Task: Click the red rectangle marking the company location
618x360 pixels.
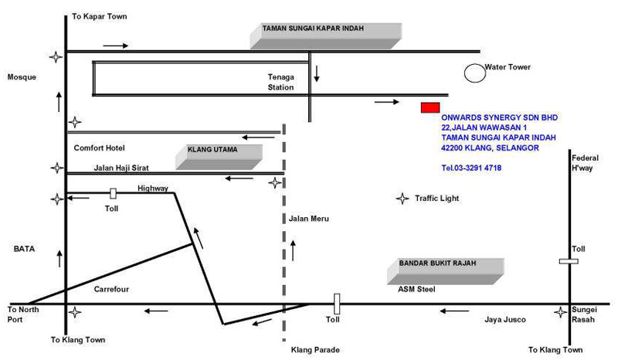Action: pos(430,107)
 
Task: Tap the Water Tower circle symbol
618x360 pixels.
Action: pos(473,72)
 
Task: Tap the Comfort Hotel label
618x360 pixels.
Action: pos(99,148)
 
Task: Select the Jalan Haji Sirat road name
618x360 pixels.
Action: pos(121,167)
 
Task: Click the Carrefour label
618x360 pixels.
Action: pos(110,289)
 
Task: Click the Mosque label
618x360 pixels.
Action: pos(22,77)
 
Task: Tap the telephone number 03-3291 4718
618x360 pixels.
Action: pos(471,168)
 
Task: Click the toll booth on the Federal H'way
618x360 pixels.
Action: pos(569,262)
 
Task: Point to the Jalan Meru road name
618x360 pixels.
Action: pos(308,219)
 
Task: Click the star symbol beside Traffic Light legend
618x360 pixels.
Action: pos(402,199)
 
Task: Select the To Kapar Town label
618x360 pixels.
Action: pos(100,16)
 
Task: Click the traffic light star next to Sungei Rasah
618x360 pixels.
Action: pos(560,312)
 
